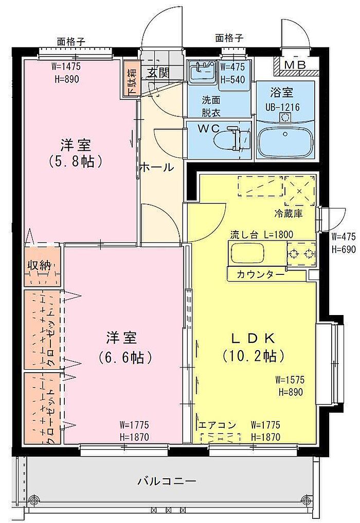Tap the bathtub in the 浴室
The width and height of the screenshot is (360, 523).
tap(285, 142)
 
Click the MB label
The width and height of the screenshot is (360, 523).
tap(295, 65)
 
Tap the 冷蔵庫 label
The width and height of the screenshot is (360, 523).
tap(289, 214)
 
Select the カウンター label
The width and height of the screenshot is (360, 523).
tap(260, 274)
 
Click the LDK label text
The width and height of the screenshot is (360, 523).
tap(254, 339)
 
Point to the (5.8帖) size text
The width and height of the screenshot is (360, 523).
tap(75, 162)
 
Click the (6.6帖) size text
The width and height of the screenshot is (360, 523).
tap(125, 358)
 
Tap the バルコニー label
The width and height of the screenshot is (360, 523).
tap(167, 481)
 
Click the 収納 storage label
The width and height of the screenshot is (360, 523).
tap(40, 266)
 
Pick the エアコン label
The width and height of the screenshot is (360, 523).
tap(218, 425)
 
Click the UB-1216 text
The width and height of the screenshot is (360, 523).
tap(282, 108)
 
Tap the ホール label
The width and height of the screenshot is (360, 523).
tap(156, 167)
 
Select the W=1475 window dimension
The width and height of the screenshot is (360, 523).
tap(66, 66)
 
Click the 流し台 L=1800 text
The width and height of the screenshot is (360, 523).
tap(261, 235)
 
